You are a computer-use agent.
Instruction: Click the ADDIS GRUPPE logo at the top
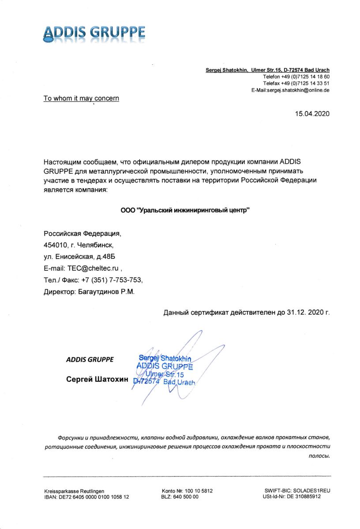94,33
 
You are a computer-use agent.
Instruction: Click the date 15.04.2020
312,114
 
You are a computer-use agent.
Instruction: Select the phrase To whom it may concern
81,98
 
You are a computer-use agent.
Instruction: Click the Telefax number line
296,83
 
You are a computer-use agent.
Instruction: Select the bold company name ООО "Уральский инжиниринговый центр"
185,211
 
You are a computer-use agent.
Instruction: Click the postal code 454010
55,245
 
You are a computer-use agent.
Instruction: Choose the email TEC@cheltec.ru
93,268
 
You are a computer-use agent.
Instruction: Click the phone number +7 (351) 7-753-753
115,279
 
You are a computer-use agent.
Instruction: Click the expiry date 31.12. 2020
299,313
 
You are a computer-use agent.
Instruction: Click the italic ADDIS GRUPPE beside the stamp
90,359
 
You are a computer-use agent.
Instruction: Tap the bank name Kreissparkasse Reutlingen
74,491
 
